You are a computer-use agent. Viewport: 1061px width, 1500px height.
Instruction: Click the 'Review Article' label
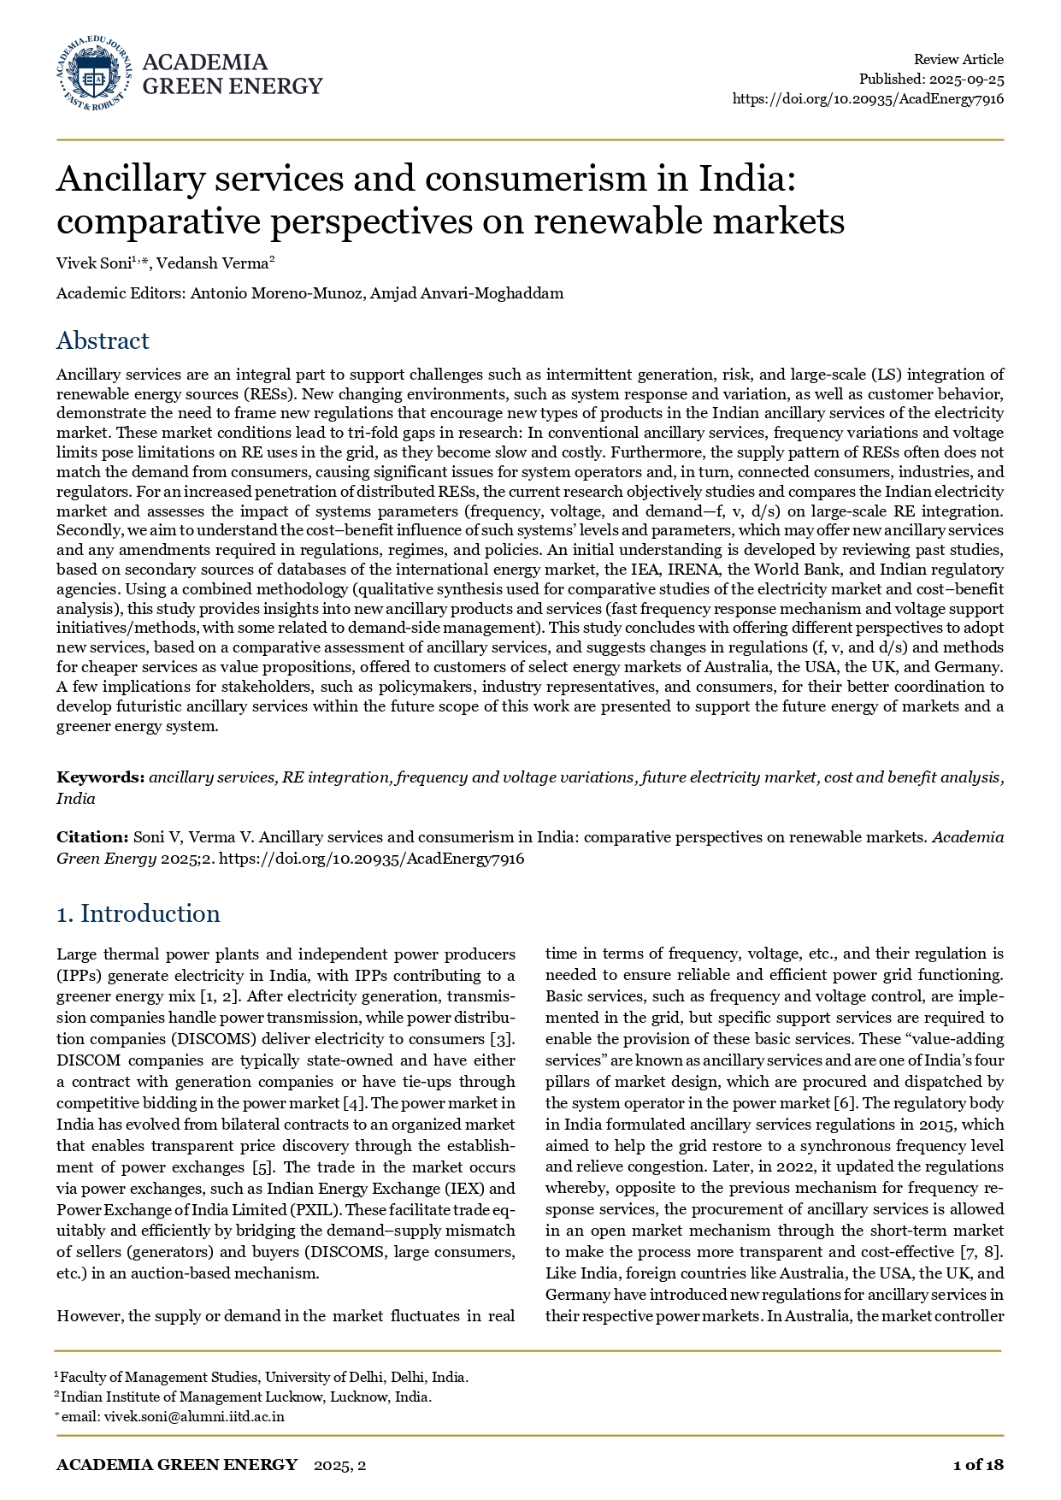[958, 59]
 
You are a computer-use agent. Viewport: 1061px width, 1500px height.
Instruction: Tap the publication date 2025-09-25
[967, 79]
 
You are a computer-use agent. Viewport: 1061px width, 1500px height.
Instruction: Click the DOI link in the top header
[868, 98]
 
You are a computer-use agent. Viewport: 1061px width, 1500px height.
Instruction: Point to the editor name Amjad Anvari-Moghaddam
[467, 293]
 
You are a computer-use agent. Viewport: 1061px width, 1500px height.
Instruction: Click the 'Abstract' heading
[103, 340]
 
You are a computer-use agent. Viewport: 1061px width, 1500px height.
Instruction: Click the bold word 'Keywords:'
[100, 777]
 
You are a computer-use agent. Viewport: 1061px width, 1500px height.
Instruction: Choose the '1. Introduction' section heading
[138, 913]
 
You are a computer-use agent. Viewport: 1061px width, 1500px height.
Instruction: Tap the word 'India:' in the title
[747, 179]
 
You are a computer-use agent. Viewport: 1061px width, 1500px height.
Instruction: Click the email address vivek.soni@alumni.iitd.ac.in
[194, 1416]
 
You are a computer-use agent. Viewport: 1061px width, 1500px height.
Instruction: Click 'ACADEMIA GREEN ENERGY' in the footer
[177, 1465]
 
